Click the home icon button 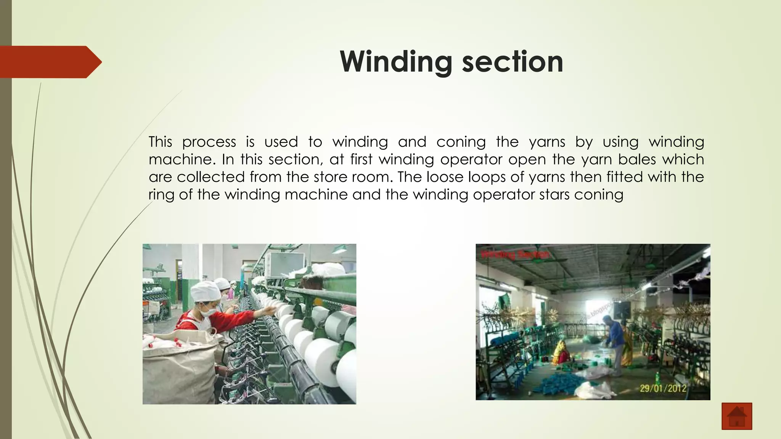pos(737,416)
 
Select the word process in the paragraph pos(209,142)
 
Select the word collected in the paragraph pos(205,177)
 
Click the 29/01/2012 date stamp pos(663,388)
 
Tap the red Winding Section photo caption pos(515,254)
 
